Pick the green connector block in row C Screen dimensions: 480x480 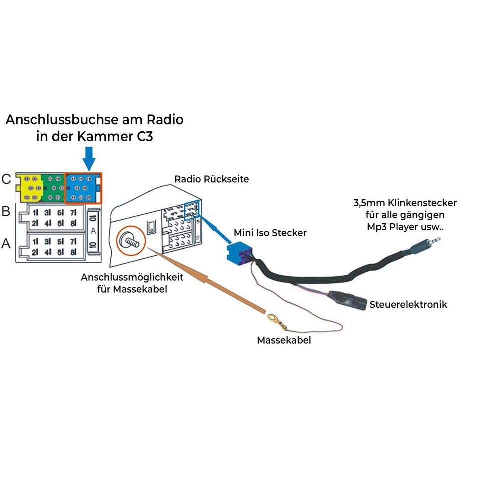[53, 188]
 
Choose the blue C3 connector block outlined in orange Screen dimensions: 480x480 [83, 188]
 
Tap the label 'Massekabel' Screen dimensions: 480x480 [284, 340]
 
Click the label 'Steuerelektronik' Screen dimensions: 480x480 [408, 304]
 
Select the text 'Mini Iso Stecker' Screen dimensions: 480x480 [270, 233]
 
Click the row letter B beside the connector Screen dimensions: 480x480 [6, 211]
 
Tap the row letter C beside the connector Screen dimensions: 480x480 [6, 179]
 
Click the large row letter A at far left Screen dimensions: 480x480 [6, 243]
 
